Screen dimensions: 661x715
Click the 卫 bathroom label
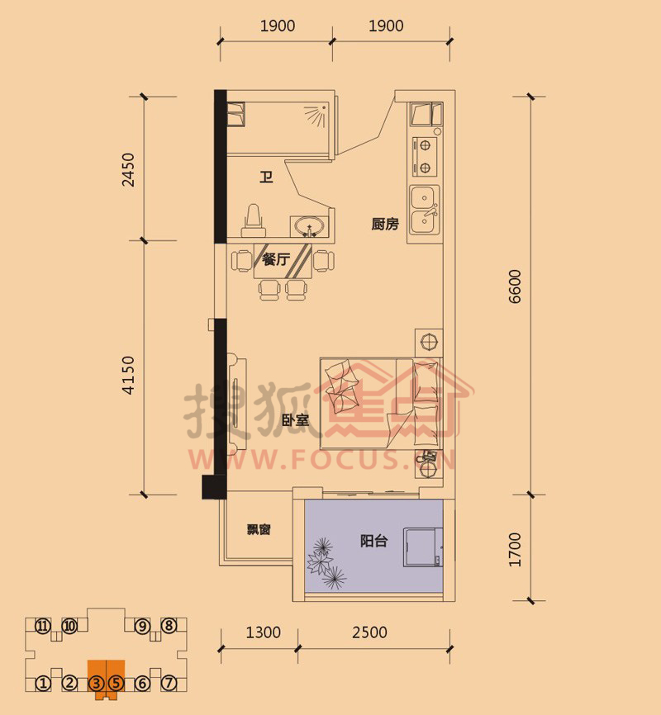266,177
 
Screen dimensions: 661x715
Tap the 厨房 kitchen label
385,224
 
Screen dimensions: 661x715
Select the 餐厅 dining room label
276,259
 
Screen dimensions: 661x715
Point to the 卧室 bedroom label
295,420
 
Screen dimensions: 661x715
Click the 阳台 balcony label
373,541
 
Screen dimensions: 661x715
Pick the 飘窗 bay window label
259,529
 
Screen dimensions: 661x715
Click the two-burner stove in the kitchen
425,156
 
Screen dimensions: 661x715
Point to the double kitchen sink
424,211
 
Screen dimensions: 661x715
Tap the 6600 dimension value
515,286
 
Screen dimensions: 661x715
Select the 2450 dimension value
128,169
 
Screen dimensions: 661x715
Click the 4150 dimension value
128,375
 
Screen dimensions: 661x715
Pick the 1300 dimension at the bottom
264,632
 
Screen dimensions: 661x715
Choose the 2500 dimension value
370,632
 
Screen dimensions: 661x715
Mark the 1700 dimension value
515,550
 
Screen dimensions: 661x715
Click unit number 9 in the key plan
142,626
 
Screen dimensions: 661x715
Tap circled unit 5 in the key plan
116,683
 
